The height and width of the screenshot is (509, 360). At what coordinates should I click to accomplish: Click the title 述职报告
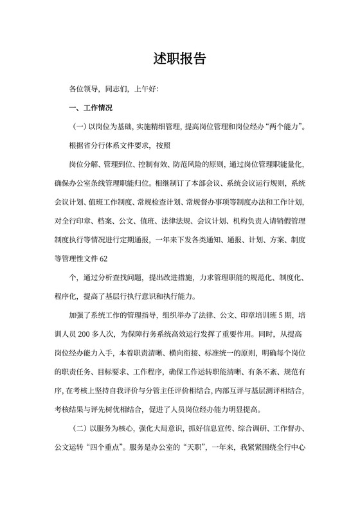pyautogui.click(x=180, y=58)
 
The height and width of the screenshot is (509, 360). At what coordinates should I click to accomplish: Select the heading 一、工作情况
pyautogui.click(x=91, y=107)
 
